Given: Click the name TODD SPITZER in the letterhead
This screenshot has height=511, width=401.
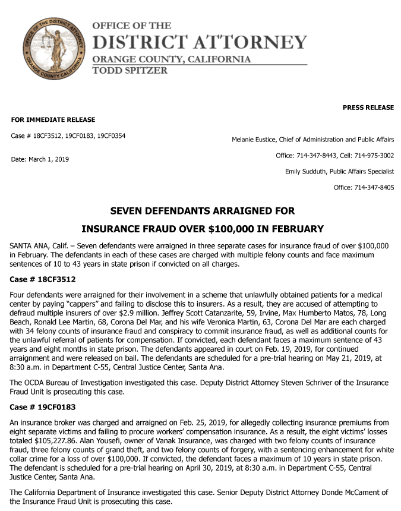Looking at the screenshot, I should coord(130,70).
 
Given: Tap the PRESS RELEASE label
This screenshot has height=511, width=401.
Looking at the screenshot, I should coord(368,108).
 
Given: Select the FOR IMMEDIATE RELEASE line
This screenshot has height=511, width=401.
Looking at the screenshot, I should coord(53,120).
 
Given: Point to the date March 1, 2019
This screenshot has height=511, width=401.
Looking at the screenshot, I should coord(50,159).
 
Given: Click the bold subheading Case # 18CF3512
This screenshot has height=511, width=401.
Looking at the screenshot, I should coord(43,279).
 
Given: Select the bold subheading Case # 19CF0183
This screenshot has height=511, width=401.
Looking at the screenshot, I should coord(43,408).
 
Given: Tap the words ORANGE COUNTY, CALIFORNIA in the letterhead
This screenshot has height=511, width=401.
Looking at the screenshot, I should coord(171,59).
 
